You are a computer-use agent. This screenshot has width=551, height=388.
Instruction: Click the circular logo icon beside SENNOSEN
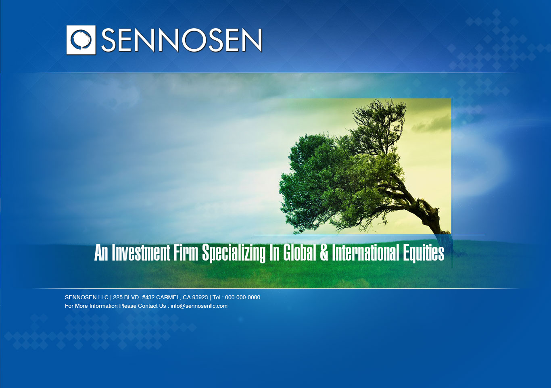[81, 40]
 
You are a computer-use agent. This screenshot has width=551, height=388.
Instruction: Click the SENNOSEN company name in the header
[182, 40]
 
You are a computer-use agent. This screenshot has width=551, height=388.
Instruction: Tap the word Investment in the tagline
[141, 253]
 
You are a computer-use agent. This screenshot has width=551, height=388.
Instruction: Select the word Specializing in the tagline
[234, 253]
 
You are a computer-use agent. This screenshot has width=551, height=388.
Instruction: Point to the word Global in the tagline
[299, 253]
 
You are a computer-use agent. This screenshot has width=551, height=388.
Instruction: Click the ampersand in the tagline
[324, 253]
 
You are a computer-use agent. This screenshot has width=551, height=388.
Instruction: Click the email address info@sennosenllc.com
[199, 306]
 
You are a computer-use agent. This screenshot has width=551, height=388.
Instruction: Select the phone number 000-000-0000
[242, 298]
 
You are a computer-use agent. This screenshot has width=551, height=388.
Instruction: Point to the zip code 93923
[200, 298]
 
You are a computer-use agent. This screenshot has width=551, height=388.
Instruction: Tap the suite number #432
[148, 298]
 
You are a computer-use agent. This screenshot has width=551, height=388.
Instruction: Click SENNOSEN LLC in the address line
[86, 298]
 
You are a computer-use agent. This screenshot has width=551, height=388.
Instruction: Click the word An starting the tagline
[101, 253]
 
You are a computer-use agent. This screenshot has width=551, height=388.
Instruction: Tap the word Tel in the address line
[217, 298]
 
